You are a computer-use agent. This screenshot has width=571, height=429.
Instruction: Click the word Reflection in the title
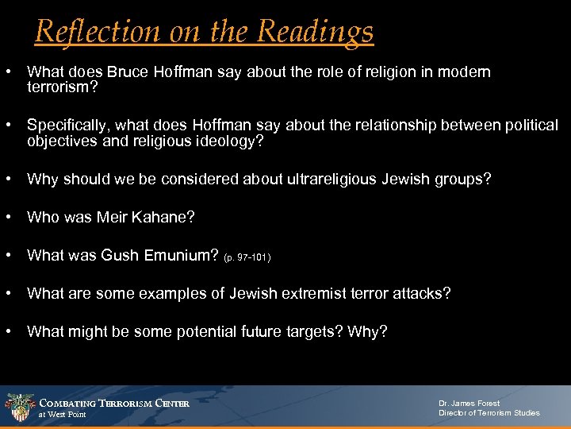pos(88,31)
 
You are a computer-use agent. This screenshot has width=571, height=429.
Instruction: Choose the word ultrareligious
pos(305,180)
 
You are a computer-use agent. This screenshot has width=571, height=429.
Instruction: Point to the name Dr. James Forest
pos(469,404)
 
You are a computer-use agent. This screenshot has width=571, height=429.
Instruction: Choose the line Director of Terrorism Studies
pos(489,413)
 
